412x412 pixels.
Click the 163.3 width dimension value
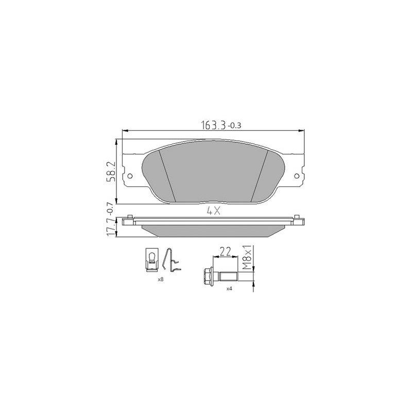(213, 125)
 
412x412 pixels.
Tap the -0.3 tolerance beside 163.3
(234, 126)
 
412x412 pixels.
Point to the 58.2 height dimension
(111, 171)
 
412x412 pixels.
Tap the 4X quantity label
(214, 211)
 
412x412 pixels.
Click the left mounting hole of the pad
(130, 176)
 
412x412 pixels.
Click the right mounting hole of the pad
(297, 176)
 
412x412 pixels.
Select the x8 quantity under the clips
(161, 280)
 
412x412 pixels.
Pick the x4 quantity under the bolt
(229, 288)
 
